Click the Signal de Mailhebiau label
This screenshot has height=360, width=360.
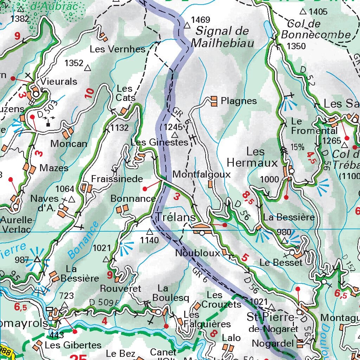pos(222,37)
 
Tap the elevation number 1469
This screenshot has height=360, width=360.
pos(200,20)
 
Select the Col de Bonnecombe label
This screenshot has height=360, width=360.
pos(316,30)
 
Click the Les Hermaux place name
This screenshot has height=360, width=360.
pos(252,157)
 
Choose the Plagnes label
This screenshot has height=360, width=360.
pos(239,101)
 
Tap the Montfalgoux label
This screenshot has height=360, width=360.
pos(201,174)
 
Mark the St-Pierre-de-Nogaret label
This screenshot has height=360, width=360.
pos(272,323)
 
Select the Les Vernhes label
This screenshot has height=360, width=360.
pos(117,49)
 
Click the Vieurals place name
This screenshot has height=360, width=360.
pos(59,82)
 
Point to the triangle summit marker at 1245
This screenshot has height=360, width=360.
pos(175,135)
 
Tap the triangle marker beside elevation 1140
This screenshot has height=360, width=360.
pos(150,232)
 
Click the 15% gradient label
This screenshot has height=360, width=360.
pos(297,147)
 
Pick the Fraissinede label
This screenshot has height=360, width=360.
pos(117,179)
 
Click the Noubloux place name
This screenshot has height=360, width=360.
pos(198,253)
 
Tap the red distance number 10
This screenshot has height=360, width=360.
pos(90,93)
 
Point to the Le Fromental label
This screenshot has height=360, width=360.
pos(309,126)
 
